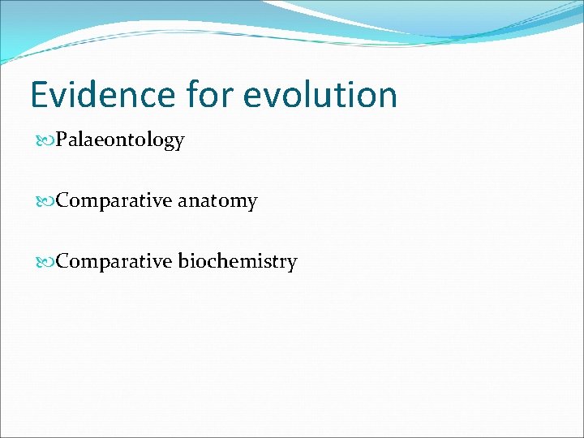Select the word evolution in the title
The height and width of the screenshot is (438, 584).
point(320,95)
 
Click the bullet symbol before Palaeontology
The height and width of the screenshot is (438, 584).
point(47,141)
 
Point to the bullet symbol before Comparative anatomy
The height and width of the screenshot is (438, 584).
point(47,201)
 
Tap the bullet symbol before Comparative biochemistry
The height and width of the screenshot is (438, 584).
point(47,262)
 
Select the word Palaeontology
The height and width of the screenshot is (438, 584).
point(121,141)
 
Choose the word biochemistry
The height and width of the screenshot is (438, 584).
point(238,262)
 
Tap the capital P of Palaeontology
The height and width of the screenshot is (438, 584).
point(62,140)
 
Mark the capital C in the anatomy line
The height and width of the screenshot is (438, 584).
point(62,201)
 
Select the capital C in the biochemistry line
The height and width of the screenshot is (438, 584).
point(62,262)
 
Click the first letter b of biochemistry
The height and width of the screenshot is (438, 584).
point(182,261)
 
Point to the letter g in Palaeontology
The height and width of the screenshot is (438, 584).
point(168,144)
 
